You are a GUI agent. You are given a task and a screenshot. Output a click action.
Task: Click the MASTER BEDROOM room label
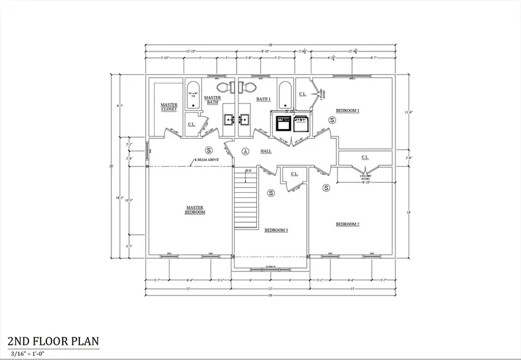coord(195,210)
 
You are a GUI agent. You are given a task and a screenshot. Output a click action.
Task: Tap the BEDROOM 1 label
coord(347,110)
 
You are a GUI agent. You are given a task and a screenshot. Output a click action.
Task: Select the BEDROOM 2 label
coord(347,224)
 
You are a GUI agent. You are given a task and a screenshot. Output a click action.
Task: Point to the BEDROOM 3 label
coord(276,230)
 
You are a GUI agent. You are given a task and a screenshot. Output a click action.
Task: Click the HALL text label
coord(266,151)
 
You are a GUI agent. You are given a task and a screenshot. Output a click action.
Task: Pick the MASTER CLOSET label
coord(169,107)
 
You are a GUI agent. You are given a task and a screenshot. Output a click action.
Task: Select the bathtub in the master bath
coord(193,100)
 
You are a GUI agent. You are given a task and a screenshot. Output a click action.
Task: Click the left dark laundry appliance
coord(284,123)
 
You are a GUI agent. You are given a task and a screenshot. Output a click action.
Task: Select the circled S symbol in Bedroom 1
coord(332,119)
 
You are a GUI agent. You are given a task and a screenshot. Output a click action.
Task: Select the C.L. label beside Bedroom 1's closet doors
coord(302,94)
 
